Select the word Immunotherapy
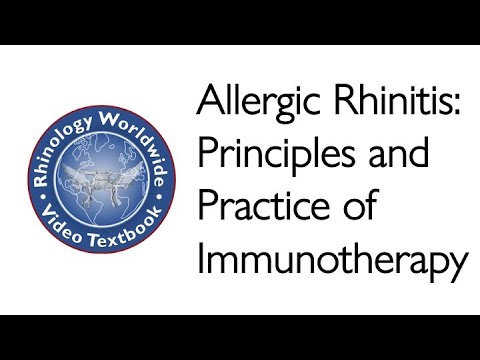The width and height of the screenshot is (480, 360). pyautogui.click(x=332, y=258)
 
